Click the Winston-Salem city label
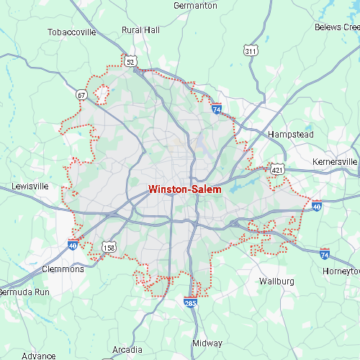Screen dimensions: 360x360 coord(184,189)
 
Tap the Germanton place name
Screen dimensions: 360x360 coord(195,6)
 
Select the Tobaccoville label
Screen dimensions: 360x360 coord(71,32)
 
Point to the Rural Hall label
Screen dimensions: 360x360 coord(140,30)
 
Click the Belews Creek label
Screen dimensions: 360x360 coord(336,27)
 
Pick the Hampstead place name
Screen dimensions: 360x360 coord(290,135)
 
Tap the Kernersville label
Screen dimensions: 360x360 coord(334,162)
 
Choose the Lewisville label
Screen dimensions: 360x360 coord(30,186)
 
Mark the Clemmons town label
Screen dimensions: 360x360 coord(63,269)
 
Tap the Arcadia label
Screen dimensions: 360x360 coord(127,330)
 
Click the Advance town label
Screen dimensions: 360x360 coord(38,356)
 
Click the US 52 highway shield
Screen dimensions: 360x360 coord(130,63)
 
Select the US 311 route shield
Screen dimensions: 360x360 coord(251,51)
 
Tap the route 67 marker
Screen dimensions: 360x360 coord(82,94)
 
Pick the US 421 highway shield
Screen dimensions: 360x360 coord(277,169)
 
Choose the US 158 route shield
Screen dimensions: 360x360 coord(109,248)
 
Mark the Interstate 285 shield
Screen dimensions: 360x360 coord(191,304)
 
